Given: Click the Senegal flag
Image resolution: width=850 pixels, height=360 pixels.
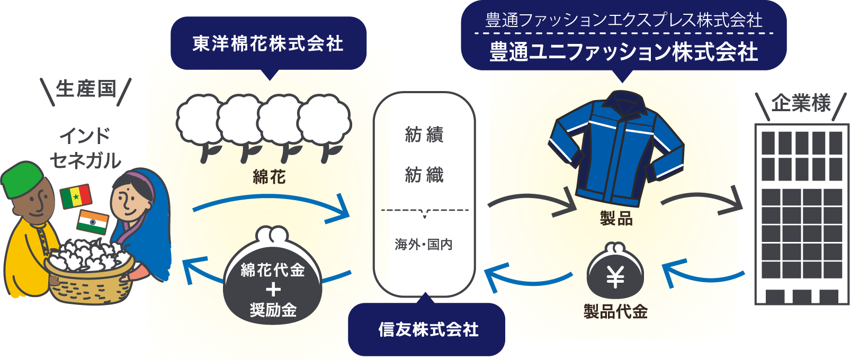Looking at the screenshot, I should coord(76,196).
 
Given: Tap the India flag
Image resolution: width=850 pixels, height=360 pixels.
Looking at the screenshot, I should coord(93,222).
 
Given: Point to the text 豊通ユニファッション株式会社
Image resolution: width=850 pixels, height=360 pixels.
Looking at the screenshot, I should coord(623,52).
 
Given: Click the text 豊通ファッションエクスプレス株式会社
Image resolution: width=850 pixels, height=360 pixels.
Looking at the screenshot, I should coord(623,21).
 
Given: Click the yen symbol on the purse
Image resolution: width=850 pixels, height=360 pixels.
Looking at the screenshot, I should coord(615,277).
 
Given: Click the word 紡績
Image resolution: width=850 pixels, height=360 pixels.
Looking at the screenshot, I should coord(424,134).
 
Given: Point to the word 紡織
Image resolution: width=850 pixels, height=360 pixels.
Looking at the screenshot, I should coord(424,174).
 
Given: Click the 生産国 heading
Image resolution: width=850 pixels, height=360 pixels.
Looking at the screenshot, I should coord(86,89).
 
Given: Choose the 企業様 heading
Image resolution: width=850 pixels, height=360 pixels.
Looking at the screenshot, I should coord(801,103).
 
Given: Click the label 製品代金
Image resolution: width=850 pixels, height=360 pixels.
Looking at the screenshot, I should coord(615,311).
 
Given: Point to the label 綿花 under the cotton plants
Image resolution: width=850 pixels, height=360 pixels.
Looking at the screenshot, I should coord(269,177).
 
